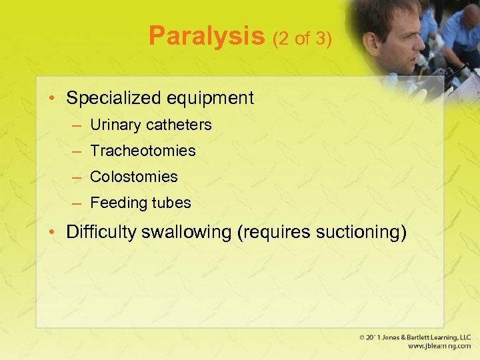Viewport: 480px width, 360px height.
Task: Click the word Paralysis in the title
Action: (207, 36)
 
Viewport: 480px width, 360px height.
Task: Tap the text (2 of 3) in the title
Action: (302, 39)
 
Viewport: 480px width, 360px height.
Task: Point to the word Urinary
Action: (115, 125)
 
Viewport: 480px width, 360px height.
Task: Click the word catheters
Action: (179, 125)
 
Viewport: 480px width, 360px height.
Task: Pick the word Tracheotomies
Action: (143, 151)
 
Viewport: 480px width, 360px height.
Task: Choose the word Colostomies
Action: (134, 177)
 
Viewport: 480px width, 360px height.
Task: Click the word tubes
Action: (169, 203)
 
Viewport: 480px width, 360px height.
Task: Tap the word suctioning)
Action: (361, 233)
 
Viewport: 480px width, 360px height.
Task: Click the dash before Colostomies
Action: (77, 177)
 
